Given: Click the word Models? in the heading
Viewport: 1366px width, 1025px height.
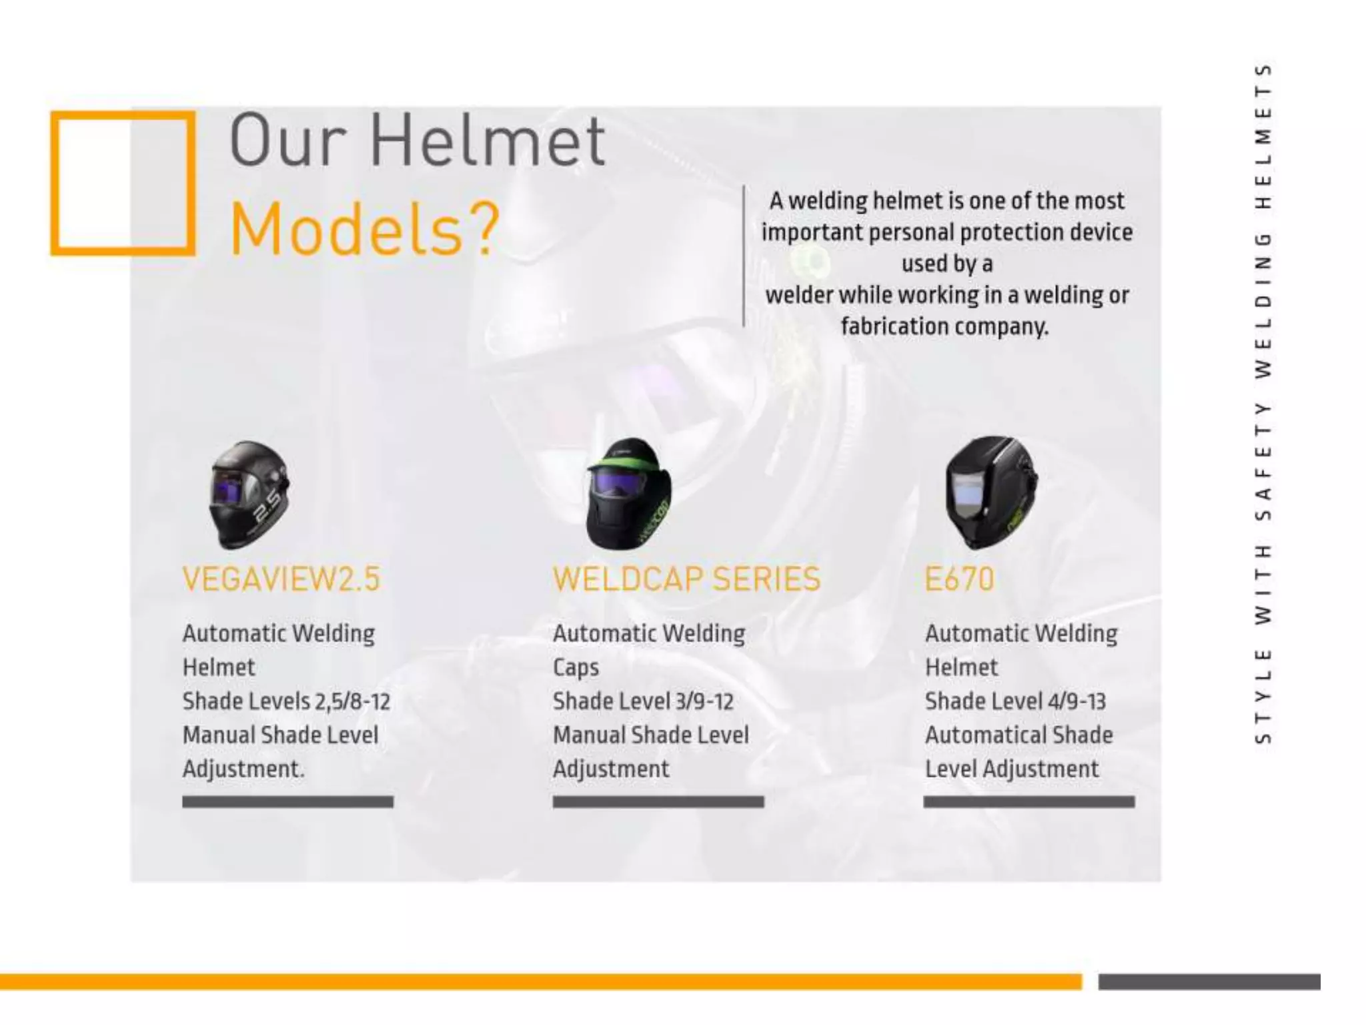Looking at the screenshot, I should (364, 230).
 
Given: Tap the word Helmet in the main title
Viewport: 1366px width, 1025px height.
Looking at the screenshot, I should (487, 141).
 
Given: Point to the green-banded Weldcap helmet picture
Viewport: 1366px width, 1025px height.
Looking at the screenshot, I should (629, 494).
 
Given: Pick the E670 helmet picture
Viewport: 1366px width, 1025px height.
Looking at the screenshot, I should (992, 492).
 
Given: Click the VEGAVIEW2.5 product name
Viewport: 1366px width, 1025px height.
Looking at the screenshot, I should (281, 579).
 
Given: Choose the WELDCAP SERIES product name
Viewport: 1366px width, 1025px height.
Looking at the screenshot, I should (686, 579).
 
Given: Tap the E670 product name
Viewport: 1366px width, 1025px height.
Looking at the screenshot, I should (959, 579).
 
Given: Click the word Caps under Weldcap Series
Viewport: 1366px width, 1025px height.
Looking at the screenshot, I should (576, 668).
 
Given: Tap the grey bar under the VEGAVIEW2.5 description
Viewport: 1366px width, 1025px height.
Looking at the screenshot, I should (287, 801).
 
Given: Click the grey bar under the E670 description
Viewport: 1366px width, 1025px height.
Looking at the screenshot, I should (1029, 801).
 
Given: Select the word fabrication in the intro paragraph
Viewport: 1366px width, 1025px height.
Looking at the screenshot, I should (895, 326).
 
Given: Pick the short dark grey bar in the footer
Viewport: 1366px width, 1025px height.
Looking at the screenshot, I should (1209, 982).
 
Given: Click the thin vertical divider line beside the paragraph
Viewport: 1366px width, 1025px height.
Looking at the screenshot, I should (744, 256).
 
